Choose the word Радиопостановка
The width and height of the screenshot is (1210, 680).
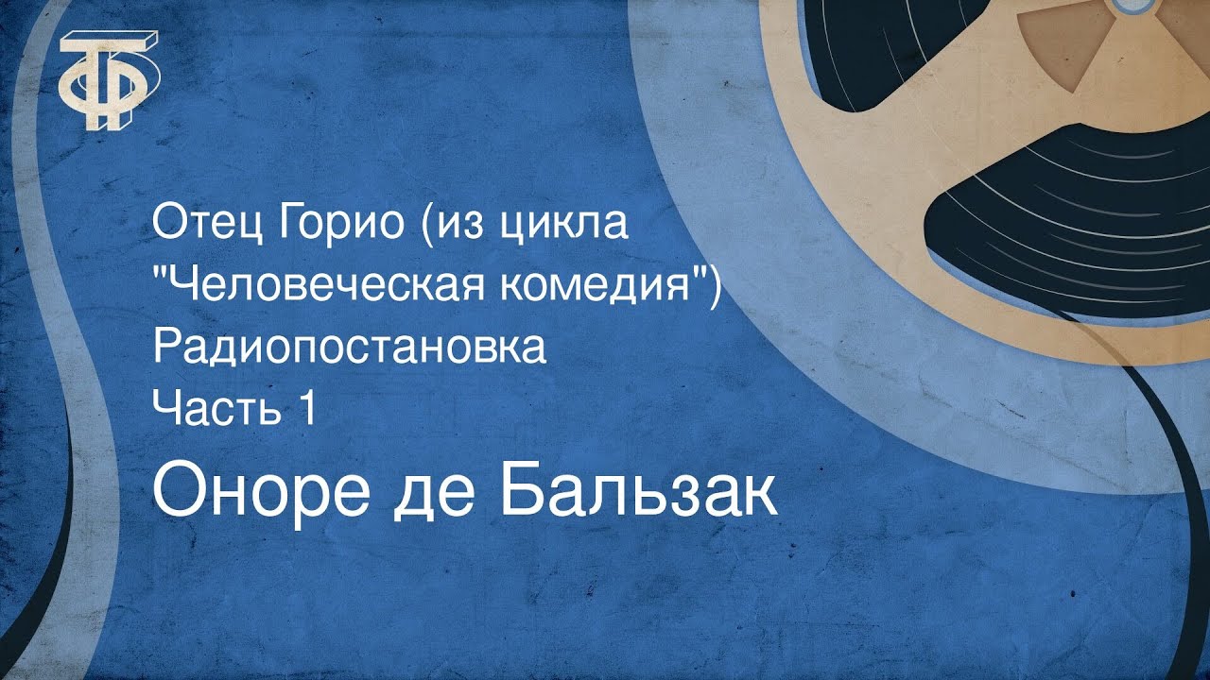350,348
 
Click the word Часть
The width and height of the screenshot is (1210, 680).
211,411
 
